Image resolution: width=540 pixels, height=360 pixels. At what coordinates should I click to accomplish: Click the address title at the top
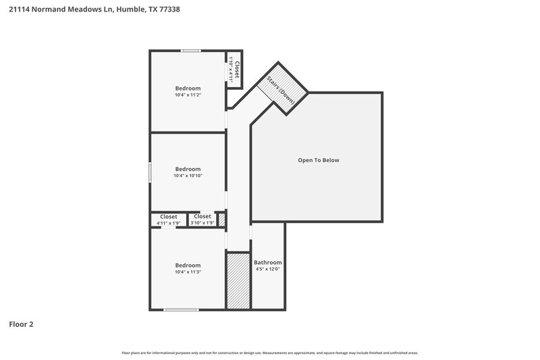pyautogui.click(x=94, y=9)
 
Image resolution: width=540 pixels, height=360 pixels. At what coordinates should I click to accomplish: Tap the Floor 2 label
pyautogui.click(x=21, y=324)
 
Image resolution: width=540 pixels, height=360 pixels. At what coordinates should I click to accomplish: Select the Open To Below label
pyautogui.click(x=319, y=160)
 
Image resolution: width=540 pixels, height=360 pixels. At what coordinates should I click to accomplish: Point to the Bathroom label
pyautogui.click(x=268, y=262)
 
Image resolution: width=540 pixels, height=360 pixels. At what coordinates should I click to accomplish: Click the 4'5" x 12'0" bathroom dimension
pyautogui.click(x=268, y=269)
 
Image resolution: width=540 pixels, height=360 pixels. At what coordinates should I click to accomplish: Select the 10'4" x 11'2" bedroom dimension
pyautogui.click(x=188, y=95)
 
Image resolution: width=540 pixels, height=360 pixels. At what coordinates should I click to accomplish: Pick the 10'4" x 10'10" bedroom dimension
pyautogui.click(x=188, y=176)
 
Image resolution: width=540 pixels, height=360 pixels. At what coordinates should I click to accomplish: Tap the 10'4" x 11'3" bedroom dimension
pyautogui.click(x=188, y=272)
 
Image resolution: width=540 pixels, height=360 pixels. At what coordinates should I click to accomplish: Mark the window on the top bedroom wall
pyautogui.click(x=190, y=51)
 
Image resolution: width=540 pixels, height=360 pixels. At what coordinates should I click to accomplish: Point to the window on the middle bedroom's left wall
pyautogui.click(x=150, y=171)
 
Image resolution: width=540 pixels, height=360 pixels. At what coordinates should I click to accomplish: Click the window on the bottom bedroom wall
pyautogui.click(x=181, y=310)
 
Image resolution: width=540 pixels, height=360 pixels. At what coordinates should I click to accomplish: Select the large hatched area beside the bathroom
pyautogui.click(x=238, y=280)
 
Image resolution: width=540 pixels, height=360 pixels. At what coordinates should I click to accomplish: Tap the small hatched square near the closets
pyautogui.click(x=221, y=219)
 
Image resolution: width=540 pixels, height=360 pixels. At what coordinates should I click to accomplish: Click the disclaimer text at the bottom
pyautogui.click(x=270, y=353)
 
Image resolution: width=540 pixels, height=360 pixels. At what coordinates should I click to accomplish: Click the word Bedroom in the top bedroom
pyautogui.click(x=188, y=88)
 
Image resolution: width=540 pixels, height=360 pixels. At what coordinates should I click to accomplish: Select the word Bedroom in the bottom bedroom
pyautogui.click(x=188, y=265)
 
